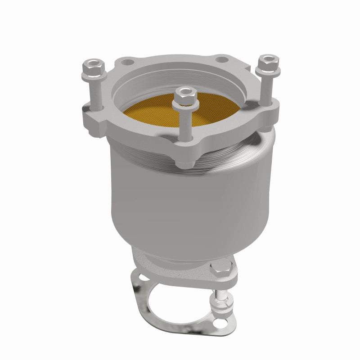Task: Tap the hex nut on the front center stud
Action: coord(185,94)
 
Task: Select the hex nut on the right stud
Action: coord(269,61)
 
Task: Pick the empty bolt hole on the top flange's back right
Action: coord(222,59)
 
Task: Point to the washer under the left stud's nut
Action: coord(94,76)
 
